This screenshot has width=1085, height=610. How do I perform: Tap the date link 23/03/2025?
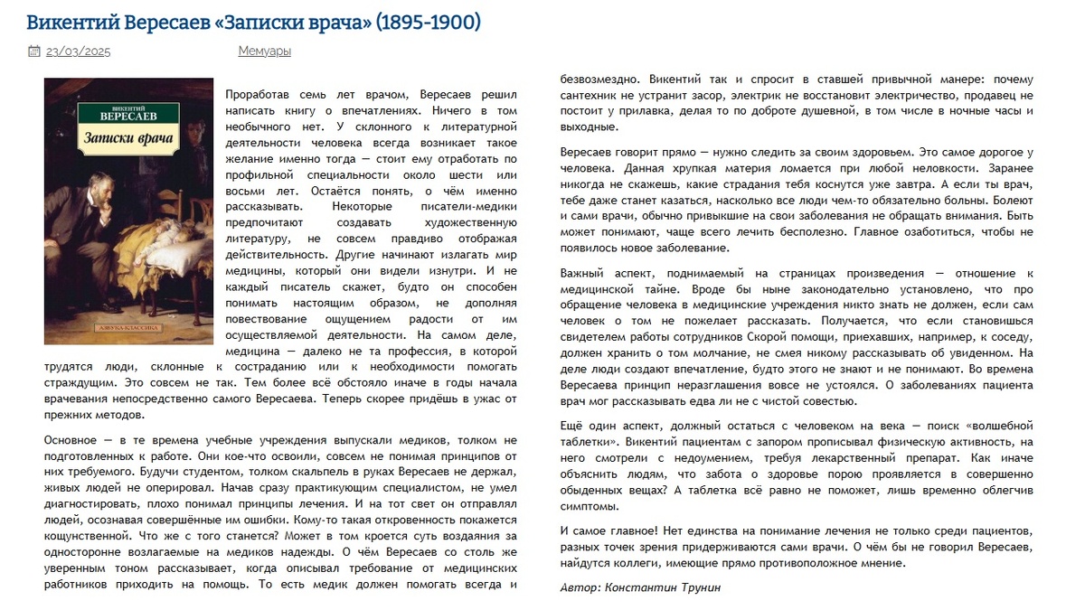[78, 52]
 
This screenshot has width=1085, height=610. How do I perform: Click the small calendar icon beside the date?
[33, 52]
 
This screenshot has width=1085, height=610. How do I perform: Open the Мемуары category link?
[264, 52]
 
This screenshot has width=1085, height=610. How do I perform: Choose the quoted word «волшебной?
[995, 426]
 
